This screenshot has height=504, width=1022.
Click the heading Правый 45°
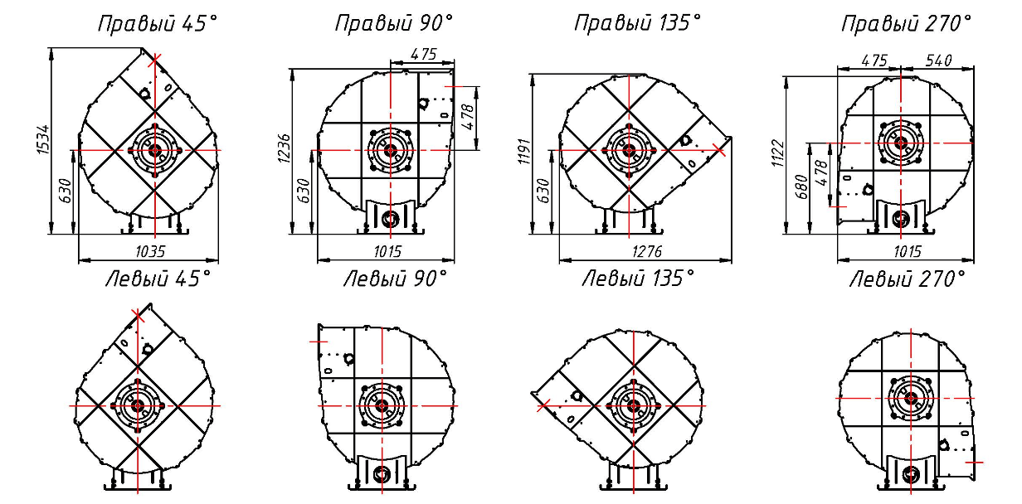(158, 24)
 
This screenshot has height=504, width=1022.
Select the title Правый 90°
(394, 23)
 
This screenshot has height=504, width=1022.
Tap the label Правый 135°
(637, 23)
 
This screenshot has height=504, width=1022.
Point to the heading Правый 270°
(907, 24)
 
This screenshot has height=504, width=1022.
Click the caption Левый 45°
(158, 279)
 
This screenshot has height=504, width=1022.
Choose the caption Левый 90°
(396, 279)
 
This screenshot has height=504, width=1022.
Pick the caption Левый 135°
(638, 278)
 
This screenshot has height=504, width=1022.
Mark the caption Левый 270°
(908, 279)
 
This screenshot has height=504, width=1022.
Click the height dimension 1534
(43, 140)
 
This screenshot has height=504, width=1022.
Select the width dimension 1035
(151, 251)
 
